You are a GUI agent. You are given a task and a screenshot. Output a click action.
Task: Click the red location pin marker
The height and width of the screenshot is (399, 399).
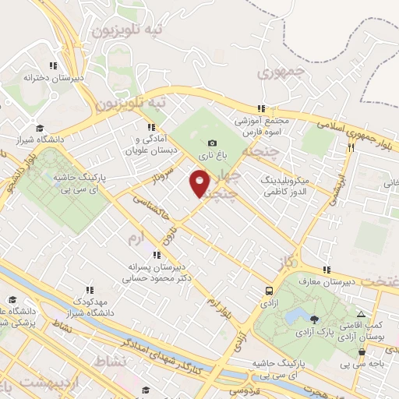pyautogui.click(x=200, y=183)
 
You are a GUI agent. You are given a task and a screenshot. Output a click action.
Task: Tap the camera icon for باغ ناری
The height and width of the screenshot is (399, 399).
pyautogui.click(x=212, y=143)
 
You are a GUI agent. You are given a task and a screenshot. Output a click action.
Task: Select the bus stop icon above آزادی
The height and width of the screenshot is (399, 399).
pyautogui.click(x=269, y=290)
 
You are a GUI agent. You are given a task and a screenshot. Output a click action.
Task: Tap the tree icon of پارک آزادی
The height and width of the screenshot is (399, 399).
pyautogui.click(x=313, y=319)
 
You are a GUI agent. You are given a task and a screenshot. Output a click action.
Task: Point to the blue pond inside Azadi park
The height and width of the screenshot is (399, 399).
pyautogui.click(x=296, y=316)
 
